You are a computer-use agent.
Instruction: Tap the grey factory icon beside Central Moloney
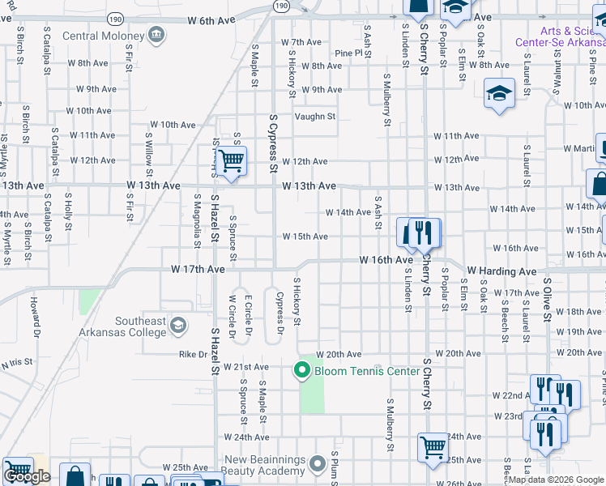point(156,35)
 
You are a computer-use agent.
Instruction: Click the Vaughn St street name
point(315,117)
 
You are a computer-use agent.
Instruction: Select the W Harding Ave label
point(501,271)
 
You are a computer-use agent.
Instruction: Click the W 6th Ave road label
point(216,20)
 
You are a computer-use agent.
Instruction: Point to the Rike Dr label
point(193,354)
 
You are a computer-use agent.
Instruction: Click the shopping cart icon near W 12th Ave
point(232,161)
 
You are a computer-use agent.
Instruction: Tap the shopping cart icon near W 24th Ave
point(433,446)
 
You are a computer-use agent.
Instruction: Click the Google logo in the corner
point(27,477)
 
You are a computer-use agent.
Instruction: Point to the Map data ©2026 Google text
point(557,480)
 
